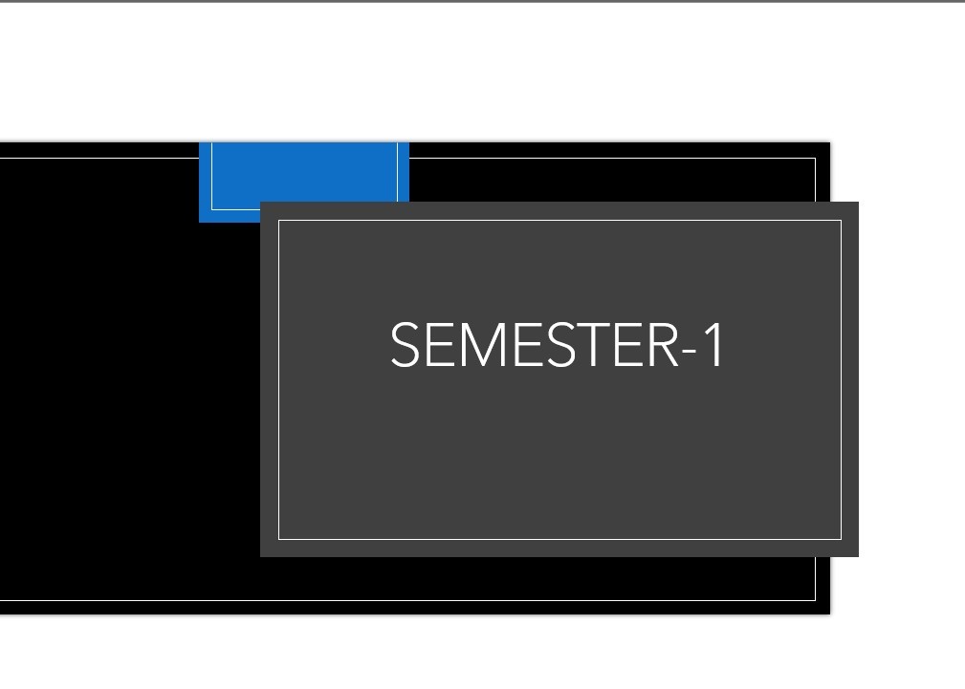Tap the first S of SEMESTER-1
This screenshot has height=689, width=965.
[x=405, y=344]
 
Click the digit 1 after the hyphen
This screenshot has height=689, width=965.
[x=715, y=344]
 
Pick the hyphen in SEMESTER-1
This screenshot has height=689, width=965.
[x=690, y=351]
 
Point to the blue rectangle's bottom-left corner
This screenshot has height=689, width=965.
[x=199, y=222]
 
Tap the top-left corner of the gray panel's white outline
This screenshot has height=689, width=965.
[x=279, y=220]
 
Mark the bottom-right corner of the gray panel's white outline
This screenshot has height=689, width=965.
[x=841, y=539]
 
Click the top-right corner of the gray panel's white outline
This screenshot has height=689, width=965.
[x=841, y=220]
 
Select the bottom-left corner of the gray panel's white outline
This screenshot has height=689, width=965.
[x=279, y=539]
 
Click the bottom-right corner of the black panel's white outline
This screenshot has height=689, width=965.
[x=816, y=600]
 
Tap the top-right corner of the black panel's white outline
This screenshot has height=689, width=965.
[x=816, y=158]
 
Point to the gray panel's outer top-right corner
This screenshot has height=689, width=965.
[x=858, y=202]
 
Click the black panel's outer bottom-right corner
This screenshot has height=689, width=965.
[x=829, y=614]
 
